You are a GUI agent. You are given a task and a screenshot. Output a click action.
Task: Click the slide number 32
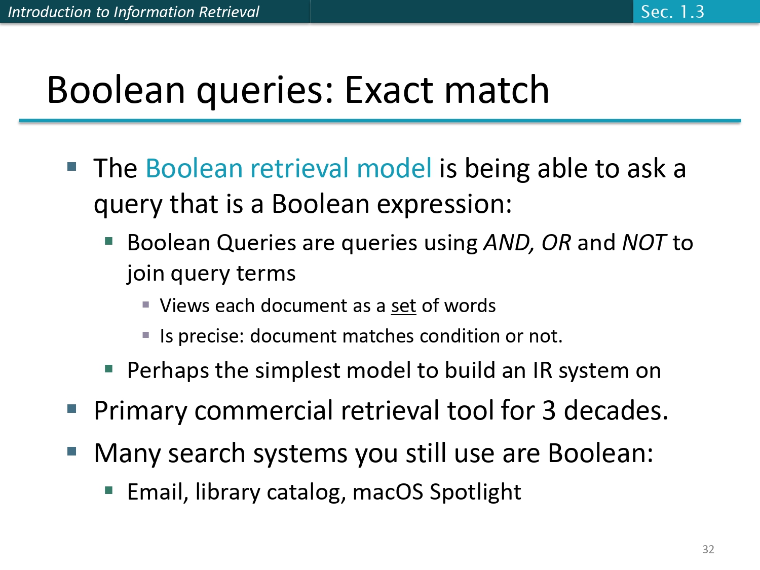click(708, 549)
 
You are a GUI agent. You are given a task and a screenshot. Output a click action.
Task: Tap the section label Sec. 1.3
click(672, 12)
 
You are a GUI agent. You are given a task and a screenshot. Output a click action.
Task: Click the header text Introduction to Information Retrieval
click(133, 12)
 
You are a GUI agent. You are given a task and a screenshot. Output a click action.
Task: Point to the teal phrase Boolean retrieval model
click(288, 168)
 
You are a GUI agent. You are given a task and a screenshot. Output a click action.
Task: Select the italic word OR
click(556, 243)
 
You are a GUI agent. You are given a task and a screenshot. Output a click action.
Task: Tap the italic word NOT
click(643, 243)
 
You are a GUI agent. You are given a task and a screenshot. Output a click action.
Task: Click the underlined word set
click(403, 306)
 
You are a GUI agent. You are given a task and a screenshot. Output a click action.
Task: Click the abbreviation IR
click(542, 370)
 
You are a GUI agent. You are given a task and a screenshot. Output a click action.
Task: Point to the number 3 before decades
click(549, 410)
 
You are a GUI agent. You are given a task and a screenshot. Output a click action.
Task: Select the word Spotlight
click(475, 492)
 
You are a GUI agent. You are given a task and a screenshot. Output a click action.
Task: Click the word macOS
click(388, 492)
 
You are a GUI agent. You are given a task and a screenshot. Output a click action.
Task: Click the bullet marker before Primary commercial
click(71, 408)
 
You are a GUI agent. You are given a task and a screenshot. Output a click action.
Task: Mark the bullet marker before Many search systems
click(71, 451)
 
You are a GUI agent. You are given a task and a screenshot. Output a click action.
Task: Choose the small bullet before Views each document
click(146, 305)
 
